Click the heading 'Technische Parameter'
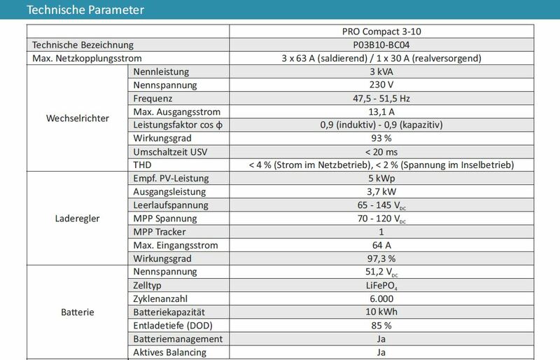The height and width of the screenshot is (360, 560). point(85,10)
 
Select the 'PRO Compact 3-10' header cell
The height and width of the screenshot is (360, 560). point(381,31)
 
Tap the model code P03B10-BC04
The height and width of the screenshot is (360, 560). point(381,44)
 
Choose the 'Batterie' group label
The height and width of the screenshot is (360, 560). point(77,312)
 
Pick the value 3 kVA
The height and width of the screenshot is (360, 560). point(381,71)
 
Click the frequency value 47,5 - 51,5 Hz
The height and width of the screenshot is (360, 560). point(381,98)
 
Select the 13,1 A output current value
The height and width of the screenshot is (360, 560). point(381,112)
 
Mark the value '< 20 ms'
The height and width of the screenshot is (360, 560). point(381,151)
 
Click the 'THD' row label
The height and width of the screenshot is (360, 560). point(142,165)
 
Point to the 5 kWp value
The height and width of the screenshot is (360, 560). point(381,179)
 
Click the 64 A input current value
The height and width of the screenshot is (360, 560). point(381,245)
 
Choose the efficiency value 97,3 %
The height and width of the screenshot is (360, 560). point(381,258)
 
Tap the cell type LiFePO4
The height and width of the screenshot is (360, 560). point(381,286)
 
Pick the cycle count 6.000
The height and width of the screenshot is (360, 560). point(381,298)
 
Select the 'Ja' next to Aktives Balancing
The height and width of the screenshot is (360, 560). point(381,352)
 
